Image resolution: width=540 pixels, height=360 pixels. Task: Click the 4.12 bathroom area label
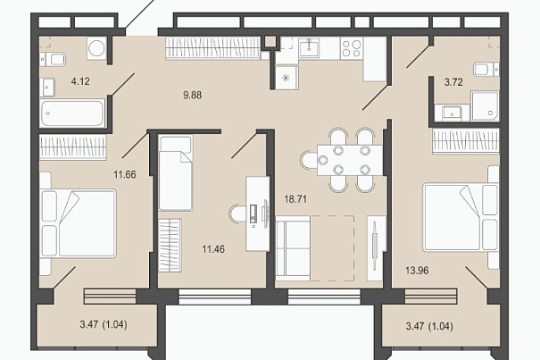80,81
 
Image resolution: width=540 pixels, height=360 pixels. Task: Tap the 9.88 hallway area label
193,95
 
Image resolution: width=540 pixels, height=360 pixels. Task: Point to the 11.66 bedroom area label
125,174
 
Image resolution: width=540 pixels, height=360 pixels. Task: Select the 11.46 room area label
213,249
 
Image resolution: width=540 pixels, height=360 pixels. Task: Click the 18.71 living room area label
295,199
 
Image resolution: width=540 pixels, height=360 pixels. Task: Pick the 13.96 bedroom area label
417,271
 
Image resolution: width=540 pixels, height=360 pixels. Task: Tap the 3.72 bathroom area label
453,82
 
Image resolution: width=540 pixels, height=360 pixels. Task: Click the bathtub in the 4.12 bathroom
72,113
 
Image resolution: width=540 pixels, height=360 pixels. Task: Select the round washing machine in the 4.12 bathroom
96,48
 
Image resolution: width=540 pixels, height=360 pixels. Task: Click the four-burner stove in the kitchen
352,48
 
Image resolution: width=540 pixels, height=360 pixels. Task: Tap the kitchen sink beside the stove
309,48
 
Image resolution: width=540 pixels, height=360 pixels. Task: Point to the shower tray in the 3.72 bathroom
485,106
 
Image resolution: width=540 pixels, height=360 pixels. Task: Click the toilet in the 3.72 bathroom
486,70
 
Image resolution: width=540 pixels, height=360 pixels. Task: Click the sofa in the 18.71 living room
293,248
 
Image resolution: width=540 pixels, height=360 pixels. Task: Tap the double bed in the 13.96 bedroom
461,217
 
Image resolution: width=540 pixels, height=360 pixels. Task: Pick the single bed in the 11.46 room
176,173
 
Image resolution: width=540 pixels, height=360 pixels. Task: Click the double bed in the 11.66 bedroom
79,223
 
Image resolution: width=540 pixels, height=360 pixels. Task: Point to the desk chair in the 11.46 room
237,214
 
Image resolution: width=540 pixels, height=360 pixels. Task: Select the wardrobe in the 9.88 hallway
212,47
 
